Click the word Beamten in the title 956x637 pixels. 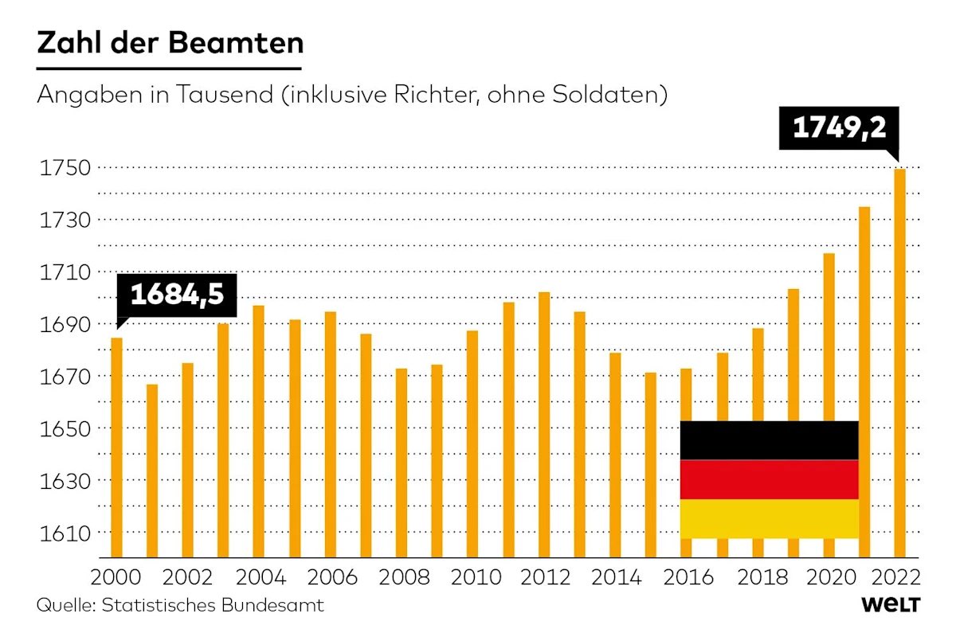coord(236,43)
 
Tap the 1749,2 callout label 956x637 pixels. coord(839,128)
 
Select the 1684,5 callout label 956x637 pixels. coord(177,295)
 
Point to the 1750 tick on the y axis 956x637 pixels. coord(65,168)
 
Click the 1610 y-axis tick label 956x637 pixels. coord(65,533)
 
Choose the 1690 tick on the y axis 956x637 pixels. coord(65,325)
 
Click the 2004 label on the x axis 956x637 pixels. coord(261,577)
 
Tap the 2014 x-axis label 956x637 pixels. coord(617,577)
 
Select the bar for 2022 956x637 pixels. coord(899,363)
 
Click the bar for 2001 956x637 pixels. coord(152,471)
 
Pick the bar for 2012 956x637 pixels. coord(544,425)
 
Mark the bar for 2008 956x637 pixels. coord(402,463)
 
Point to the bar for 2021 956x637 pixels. coord(864,382)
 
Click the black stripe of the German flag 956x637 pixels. coord(769,440)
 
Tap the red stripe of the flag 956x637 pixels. coord(769,479)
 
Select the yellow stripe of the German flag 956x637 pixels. coord(769,519)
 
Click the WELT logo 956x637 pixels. coord(891,604)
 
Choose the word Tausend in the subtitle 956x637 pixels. coord(224,94)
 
